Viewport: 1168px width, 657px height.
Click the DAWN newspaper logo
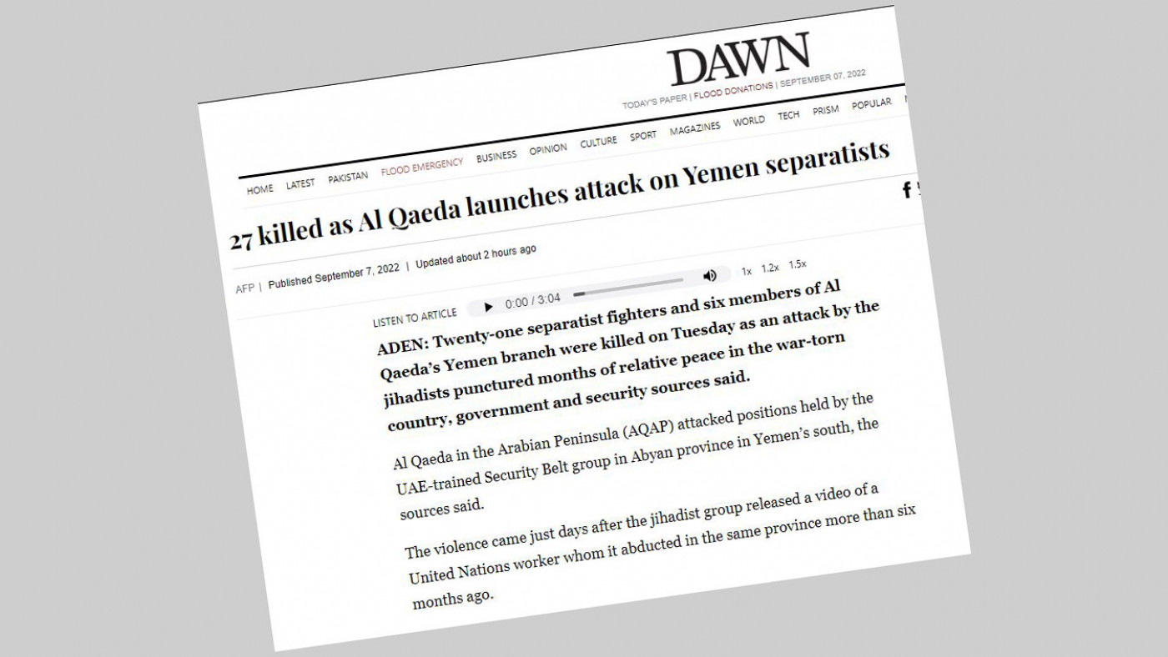[x=738, y=58]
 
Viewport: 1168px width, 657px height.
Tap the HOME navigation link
[x=259, y=189]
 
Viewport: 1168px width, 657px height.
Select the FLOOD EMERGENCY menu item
[x=421, y=168]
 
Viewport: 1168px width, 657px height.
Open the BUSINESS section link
[x=496, y=156]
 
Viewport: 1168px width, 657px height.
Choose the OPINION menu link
[x=547, y=148]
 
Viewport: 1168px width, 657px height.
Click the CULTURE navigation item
[x=598, y=142]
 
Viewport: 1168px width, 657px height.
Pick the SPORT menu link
[x=643, y=135]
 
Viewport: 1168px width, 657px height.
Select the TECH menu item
[x=788, y=115]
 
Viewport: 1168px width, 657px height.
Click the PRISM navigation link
[x=826, y=110]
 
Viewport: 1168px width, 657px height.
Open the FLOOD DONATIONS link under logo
[x=733, y=91]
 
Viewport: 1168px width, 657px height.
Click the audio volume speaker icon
[x=710, y=275]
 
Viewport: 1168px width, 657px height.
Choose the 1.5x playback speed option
[x=798, y=264]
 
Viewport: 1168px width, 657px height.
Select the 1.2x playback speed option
[x=770, y=268]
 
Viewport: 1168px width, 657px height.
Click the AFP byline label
[x=245, y=288]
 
